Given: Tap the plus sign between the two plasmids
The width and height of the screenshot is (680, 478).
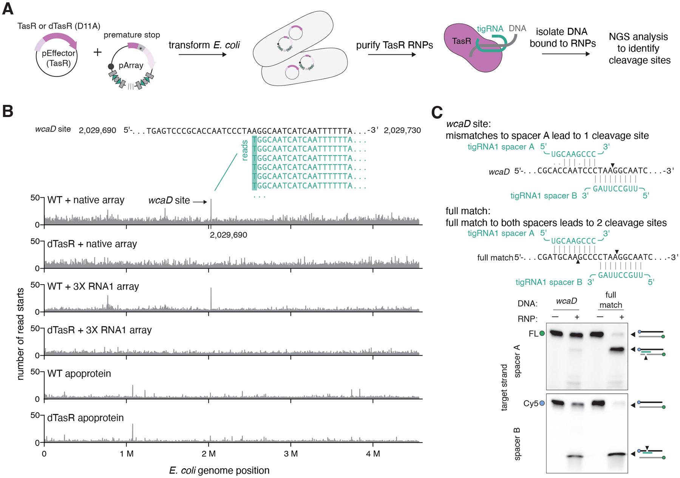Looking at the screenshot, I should click(97, 52).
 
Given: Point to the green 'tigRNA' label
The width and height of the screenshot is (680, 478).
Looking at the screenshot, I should click(490, 28).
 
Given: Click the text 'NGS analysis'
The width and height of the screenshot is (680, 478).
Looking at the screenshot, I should click(638, 37).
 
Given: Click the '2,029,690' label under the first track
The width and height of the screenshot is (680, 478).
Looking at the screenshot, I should click(228, 235).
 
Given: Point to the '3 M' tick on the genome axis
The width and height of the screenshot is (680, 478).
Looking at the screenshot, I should click(291, 453).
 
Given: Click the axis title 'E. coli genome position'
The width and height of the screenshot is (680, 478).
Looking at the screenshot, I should click(219, 470).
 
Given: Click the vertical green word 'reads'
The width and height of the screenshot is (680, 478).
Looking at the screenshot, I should click(244, 150).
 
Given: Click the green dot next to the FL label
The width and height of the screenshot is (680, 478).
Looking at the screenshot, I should click(542, 334).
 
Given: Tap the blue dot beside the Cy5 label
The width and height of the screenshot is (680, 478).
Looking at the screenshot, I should click(542, 404).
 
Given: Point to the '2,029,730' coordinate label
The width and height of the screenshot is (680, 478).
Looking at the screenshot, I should click(402, 130).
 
